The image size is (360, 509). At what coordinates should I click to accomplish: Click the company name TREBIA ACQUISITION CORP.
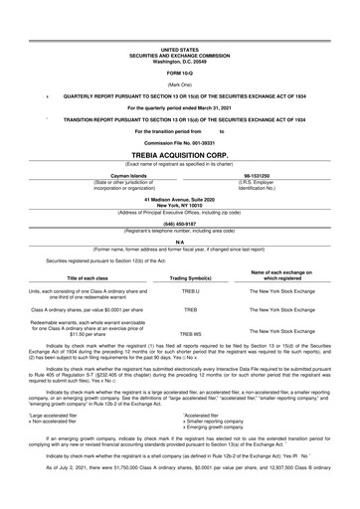pyautogui.click(x=180, y=156)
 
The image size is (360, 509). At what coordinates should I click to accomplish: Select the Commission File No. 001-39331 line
pyautogui.click(x=180, y=143)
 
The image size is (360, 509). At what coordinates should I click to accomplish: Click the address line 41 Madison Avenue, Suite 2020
pyautogui.click(x=180, y=198)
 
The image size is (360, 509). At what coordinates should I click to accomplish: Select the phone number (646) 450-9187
pyautogui.click(x=180, y=223)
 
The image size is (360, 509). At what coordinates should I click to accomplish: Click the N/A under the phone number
pyautogui.click(x=180, y=240)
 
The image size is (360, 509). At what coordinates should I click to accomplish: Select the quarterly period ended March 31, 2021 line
pyautogui.click(x=180, y=105)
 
